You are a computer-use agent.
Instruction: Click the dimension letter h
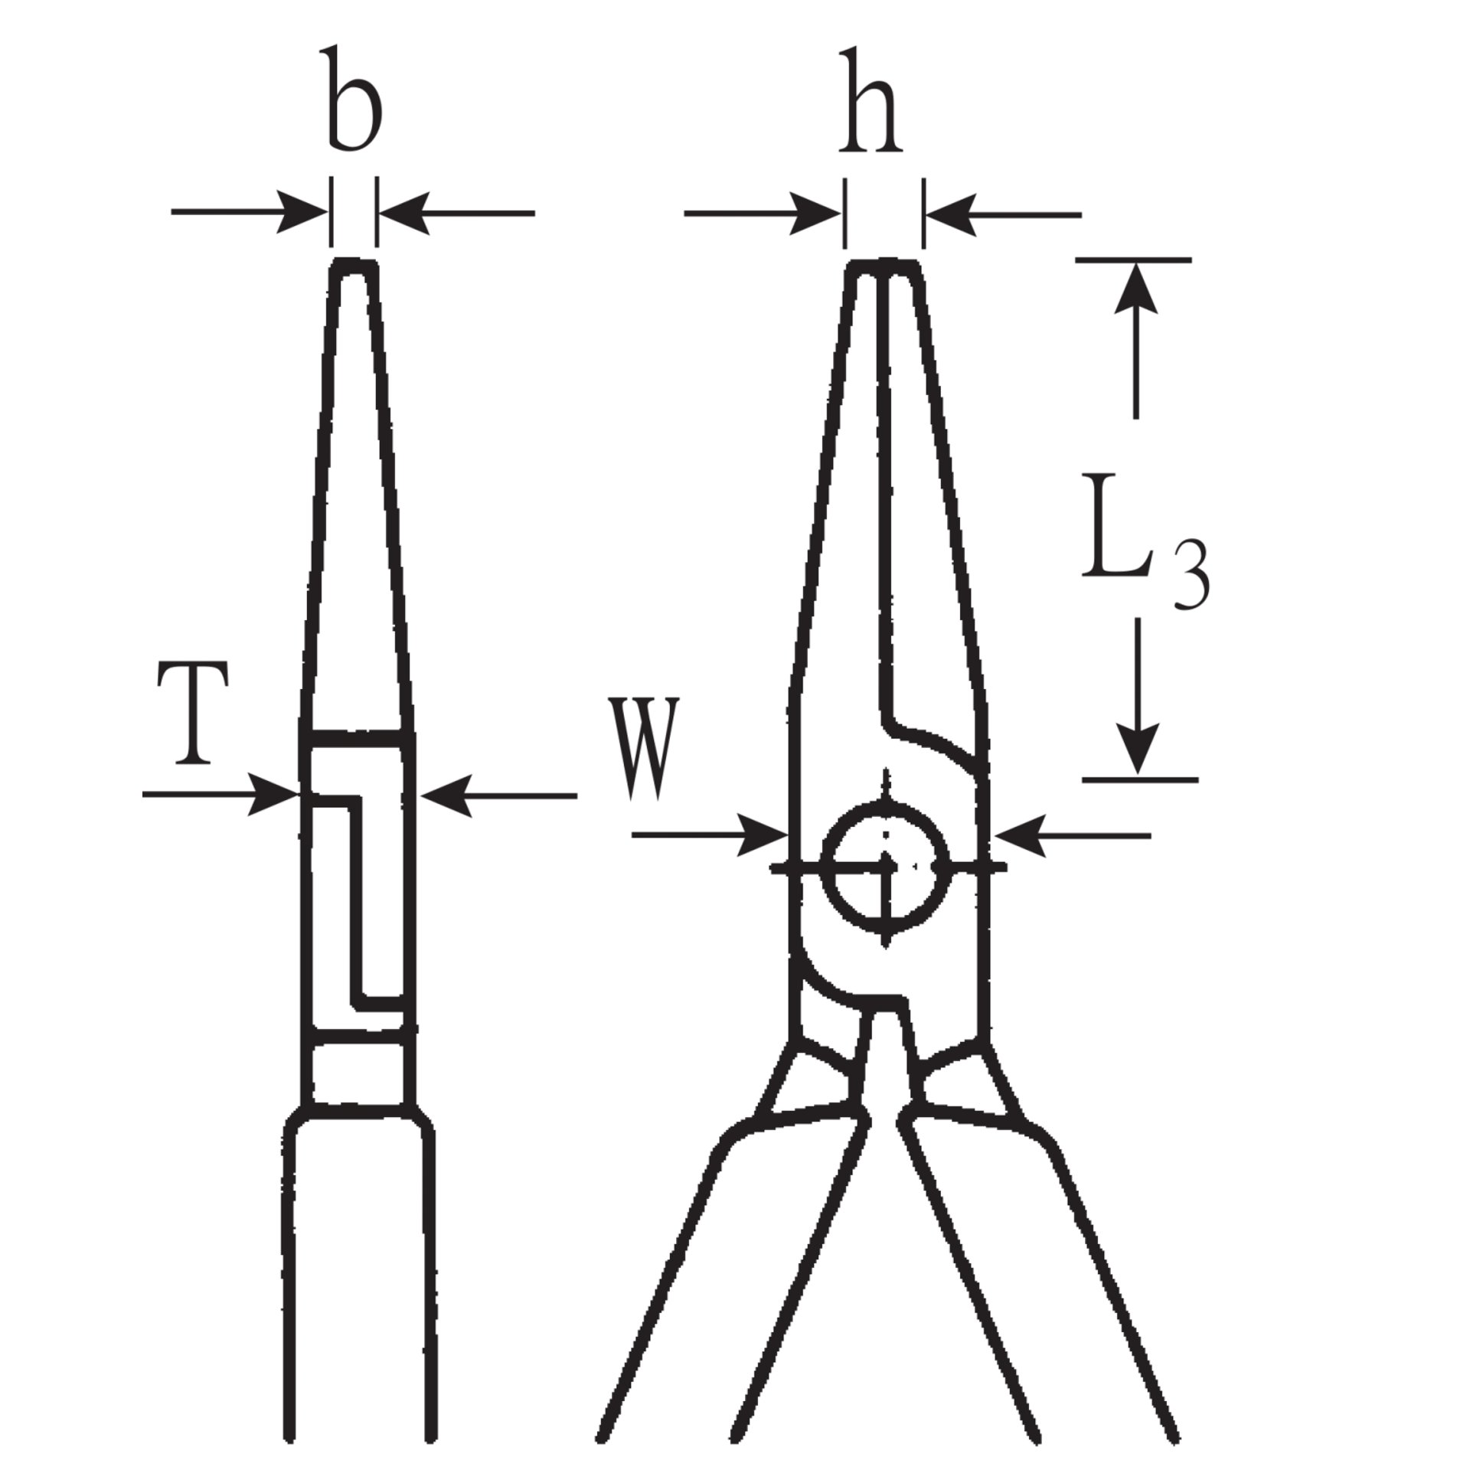tap(871, 103)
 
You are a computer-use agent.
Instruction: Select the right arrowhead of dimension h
tap(949, 214)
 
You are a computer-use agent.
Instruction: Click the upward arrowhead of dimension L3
tap(1135, 287)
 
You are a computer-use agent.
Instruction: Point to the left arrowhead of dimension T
tap(276, 795)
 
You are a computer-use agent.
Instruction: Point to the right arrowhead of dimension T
tap(444, 796)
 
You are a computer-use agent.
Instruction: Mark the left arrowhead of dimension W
tap(766, 835)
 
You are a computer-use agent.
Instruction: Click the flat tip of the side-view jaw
tap(354, 264)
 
